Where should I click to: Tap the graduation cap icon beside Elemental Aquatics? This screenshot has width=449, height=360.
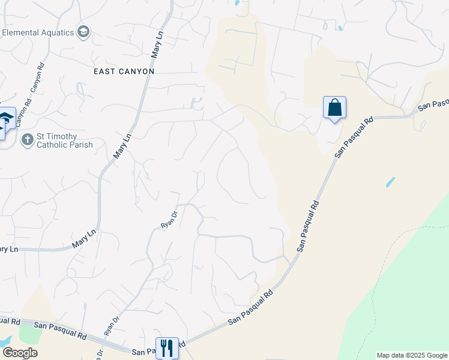pyautogui.click(x=83, y=32)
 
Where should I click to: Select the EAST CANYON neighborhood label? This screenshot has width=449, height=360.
pyautogui.click(x=124, y=71)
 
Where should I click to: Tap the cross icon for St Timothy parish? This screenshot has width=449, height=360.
pyautogui.click(x=26, y=140)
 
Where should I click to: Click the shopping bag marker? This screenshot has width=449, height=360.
pyautogui.click(x=334, y=108)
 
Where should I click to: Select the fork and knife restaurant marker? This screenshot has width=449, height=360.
pyautogui.click(x=167, y=348)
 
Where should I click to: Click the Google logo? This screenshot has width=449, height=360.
pyautogui.click(x=19, y=353)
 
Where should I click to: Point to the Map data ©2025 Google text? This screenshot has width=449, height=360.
pyautogui.click(x=412, y=355)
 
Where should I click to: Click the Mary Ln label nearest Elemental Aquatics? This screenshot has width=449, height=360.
pyautogui.click(x=157, y=46)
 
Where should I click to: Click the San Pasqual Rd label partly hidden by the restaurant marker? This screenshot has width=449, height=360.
pyautogui.click(x=144, y=351)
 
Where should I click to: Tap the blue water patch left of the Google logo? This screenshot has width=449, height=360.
pyautogui.click(x=5, y=341)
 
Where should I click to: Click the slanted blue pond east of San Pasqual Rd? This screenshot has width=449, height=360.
pyautogui.click(x=391, y=182)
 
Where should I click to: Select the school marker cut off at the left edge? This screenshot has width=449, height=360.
pyautogui.click(x=5, y=120)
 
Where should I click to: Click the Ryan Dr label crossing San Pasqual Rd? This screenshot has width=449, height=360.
pyautogui.click(x=112, y=325)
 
